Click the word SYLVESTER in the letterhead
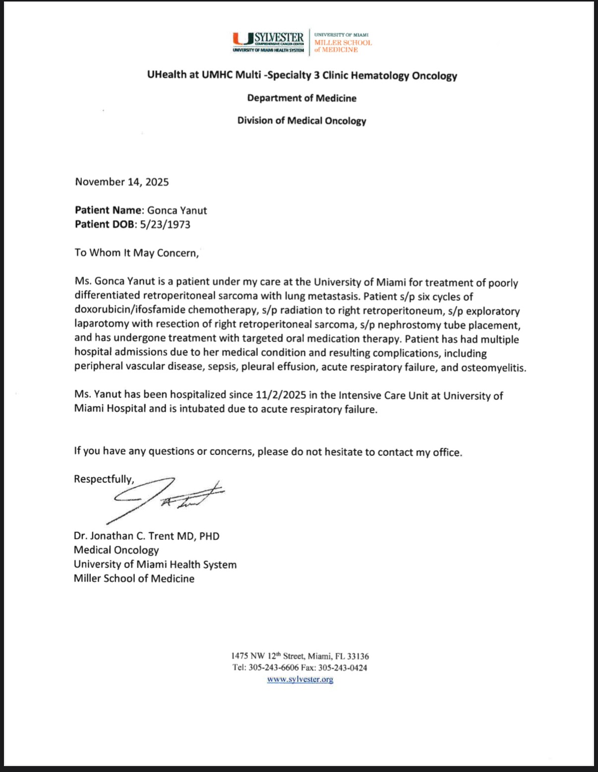[x=279, y=38]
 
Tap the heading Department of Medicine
[x=301, y=98]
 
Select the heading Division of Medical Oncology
[x=301, y=121]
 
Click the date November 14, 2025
[x=122, y=182]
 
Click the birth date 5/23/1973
[x=165, y=224]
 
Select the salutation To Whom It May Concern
[x=136, y=253]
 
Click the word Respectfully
[x=104, y=479]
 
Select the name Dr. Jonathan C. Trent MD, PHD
[x=146, y=536]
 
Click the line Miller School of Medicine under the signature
[x=134, y=579]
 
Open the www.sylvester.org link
[x=300, y=679]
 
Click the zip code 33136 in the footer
[x=358, y=656]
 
